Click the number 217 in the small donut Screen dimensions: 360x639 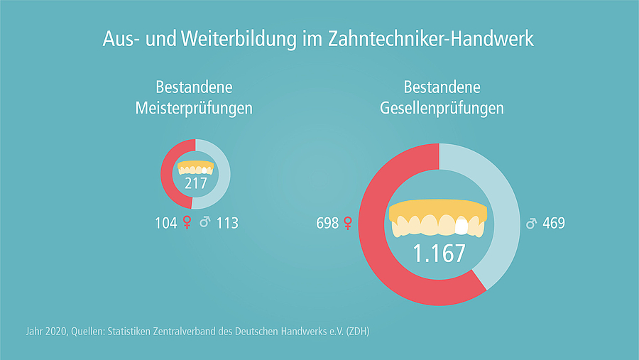[195, 185]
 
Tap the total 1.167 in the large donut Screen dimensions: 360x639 [439, 253]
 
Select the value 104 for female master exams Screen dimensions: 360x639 [165, 223]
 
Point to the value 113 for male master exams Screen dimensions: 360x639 [227, 223]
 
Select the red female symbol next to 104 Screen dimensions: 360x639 [187, 223]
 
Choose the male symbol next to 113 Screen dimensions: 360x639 [205, 223]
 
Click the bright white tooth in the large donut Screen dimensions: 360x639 [461, 226]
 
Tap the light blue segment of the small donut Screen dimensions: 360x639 [223, 174]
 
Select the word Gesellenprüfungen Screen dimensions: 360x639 [442, 109]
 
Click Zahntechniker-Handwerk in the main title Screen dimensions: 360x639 [431, 39]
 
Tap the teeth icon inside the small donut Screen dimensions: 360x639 [195, 168]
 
